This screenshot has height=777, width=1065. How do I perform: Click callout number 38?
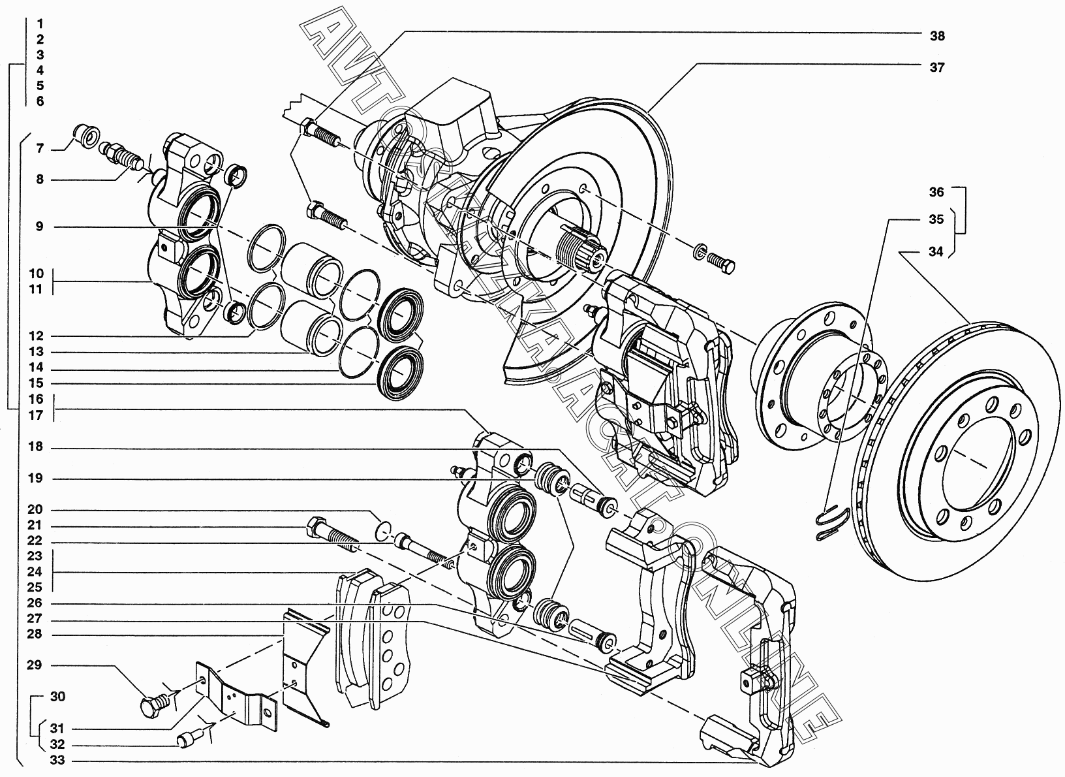(x=936, y=36)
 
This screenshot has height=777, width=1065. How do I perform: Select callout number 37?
(x=936, y=67)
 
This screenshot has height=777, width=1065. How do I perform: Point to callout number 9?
(x=40, y=227)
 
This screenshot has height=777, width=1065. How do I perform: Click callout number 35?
(x=936, y=219)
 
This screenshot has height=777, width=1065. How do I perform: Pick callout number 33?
(x=57, y=761)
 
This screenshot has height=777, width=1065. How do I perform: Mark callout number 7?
(x=40, y=149)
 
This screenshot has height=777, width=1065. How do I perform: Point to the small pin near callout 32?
(x=187, y=739)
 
